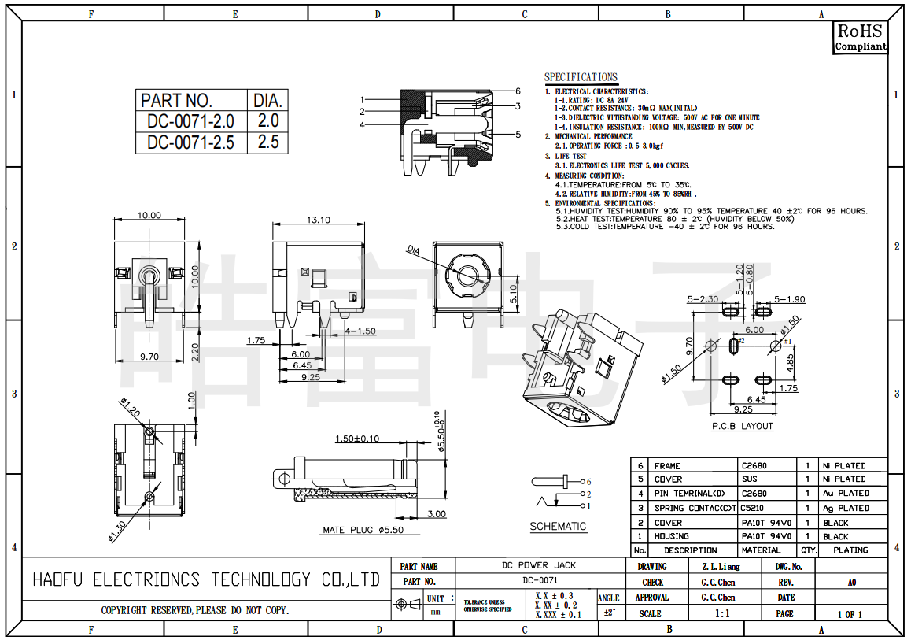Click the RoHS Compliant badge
[860, 37]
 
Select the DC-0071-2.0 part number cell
[190, 121]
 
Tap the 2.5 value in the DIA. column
[268, 142]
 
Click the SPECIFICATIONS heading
[581, 77]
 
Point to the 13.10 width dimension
[319, 220]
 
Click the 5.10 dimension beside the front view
[514, 294]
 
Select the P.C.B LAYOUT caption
[742, 426]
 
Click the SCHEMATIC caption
[558, 527]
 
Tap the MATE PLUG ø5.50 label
[363, 530]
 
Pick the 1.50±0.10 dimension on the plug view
[356, 439]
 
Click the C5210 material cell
[753, 508]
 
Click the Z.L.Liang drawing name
[721, 566]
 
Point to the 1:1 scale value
[721, 613]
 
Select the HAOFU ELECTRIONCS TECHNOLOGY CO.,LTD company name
[206, 580]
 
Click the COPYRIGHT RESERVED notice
[194, 610]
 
